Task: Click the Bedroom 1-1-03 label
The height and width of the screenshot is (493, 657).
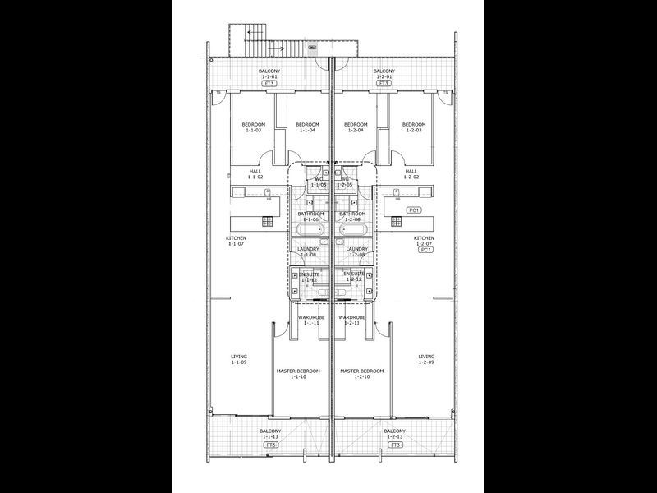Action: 253,127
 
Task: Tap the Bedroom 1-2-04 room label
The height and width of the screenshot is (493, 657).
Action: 356,127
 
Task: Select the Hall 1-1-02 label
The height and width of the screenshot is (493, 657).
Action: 255,174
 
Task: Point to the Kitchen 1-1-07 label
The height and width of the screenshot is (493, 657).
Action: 237,241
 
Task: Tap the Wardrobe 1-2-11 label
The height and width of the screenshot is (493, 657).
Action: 351,320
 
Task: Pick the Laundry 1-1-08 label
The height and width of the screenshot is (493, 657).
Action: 308,251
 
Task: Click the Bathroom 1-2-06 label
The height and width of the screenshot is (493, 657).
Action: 352,217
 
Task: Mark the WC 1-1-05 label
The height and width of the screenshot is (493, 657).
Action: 318,182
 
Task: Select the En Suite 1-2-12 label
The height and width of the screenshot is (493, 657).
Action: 353,276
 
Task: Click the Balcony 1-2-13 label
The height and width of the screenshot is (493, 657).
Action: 395,434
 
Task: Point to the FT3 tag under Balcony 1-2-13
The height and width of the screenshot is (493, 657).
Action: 395,445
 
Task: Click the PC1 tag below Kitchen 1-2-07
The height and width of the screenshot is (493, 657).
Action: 425,249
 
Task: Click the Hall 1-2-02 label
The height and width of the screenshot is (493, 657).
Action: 411,174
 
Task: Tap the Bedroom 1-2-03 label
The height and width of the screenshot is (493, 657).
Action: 413,127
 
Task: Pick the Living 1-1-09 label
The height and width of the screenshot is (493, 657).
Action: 239,359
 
